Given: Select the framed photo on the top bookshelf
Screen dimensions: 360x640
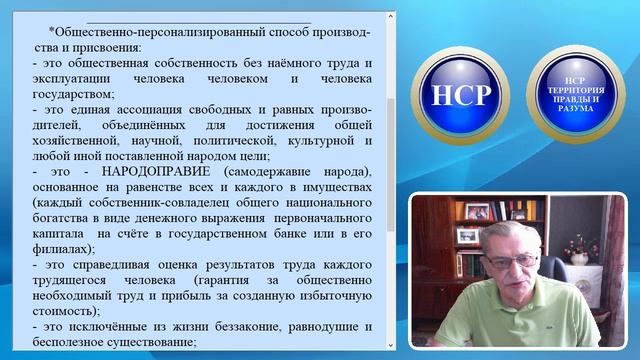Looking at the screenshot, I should pyautogui.click(x=478, y=211).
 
